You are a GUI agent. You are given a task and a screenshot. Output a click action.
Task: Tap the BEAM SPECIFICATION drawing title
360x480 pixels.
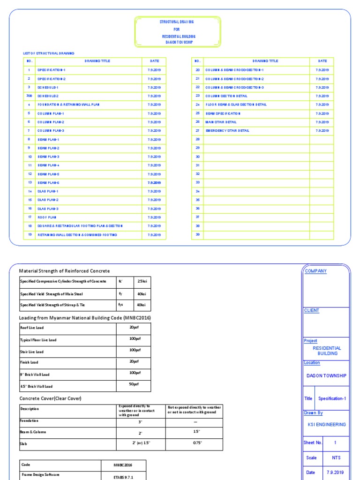223,113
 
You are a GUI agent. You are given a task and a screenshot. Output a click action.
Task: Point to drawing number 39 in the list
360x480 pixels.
197,234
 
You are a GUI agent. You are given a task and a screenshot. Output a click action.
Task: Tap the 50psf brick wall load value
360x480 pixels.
134,385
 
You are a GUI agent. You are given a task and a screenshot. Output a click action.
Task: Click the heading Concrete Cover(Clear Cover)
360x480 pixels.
50,398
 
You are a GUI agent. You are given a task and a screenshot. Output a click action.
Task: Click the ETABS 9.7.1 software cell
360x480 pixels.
123,475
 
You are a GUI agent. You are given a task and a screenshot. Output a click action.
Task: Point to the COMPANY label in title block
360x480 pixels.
315,271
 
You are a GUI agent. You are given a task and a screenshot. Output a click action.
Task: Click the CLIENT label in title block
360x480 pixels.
312,310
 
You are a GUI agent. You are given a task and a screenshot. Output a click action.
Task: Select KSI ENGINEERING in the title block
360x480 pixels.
326,424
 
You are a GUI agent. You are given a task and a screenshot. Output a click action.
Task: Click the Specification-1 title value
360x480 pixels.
332,398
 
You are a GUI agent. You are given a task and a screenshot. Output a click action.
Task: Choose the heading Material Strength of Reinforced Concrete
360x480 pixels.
64,271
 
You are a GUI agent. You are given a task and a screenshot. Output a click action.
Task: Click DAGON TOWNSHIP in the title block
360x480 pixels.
326,375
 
